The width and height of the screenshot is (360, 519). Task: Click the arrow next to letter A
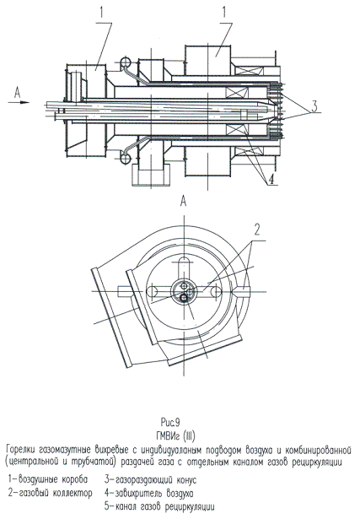(x=19, y=102)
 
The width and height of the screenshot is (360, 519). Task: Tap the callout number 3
(x=314, y=107)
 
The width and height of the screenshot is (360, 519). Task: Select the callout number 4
(x=271, y=180)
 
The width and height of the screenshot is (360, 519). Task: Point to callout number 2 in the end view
(x=257, y=230)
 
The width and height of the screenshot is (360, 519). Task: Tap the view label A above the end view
(x=184, y=201)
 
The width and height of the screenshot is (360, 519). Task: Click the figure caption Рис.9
(x=170, y=422)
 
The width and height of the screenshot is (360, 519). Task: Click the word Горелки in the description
(x=20, y=451)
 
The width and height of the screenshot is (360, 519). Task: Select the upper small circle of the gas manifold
(x=124, y=62)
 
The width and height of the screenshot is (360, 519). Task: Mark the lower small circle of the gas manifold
(x=124, y=158)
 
